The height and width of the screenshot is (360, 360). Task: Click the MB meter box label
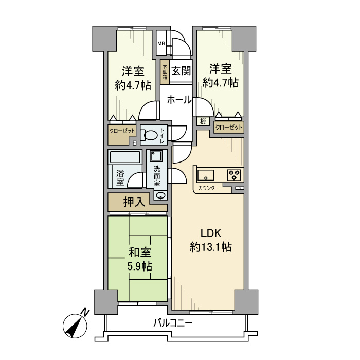click(161, 43)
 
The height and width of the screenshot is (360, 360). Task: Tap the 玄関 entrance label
click(181, 70)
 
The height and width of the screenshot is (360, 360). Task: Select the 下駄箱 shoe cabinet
click(165, 73)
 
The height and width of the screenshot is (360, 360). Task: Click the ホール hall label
click(179, 100)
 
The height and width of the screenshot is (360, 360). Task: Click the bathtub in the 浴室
click(125, 157)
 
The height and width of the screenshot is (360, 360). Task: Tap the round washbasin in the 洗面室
click(160, 195)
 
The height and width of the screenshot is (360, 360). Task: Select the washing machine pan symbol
click(156, 156)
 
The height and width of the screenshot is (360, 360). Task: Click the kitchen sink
click(206, 175)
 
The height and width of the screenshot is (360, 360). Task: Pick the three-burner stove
click(234, 175)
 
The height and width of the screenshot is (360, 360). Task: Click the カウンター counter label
click(208, 189)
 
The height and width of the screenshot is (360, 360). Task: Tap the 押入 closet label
click(134, 202)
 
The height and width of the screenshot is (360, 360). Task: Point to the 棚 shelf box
click(203, 121)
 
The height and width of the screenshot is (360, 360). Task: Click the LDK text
click(211, 233)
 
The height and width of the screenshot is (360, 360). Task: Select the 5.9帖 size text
click(139, 266)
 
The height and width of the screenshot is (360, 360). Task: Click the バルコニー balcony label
click(173, 323)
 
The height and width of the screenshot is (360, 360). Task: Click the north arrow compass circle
click(75, 326)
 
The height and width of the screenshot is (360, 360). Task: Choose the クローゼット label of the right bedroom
click(229, 128)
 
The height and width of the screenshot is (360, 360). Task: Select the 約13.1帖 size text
click(210, 247)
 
